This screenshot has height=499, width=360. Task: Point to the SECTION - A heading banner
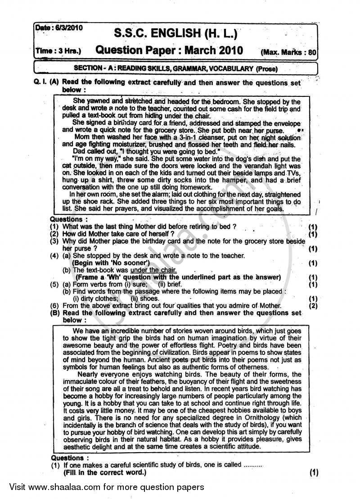[175, 68]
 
